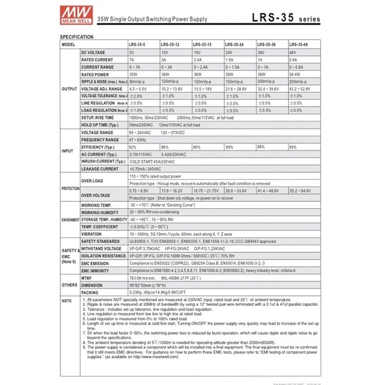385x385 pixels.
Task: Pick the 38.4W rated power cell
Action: tap(296, 73)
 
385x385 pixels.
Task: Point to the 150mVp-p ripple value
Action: tap(236, 81)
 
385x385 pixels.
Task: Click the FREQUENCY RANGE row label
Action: tap(100, 139)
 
